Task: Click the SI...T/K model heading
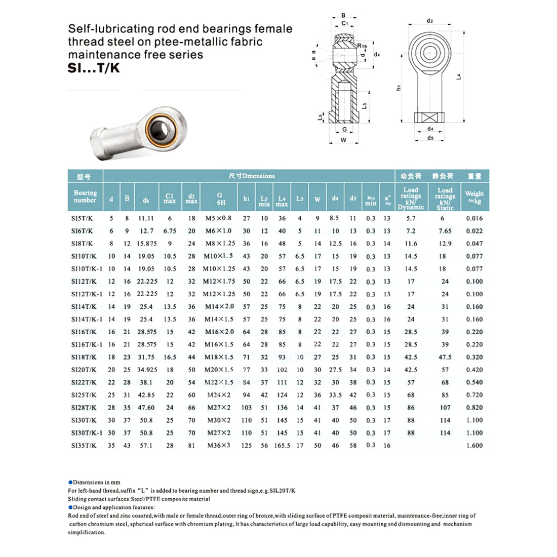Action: (x=94, y=68)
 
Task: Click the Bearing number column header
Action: (x=85, y=196)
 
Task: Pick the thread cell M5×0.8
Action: (x=218, y=218)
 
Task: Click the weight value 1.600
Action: (x=474, y=446)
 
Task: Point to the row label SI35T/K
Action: (x=84, y=446)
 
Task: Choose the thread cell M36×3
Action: (x=219, y=446)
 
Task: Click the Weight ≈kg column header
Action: (x=474, y=197)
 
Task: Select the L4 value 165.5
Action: (x=282, y=446)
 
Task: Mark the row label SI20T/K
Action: (x=84, y=370)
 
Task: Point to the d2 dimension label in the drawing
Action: (x=430, y=21)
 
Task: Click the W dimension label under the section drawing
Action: (x=343, y=140)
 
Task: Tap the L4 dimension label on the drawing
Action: (x=459, y=76)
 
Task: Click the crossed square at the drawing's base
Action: (x=430, y=117)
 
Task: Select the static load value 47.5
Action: (x=445, y=357)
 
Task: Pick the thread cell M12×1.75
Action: (x=219, y=282)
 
